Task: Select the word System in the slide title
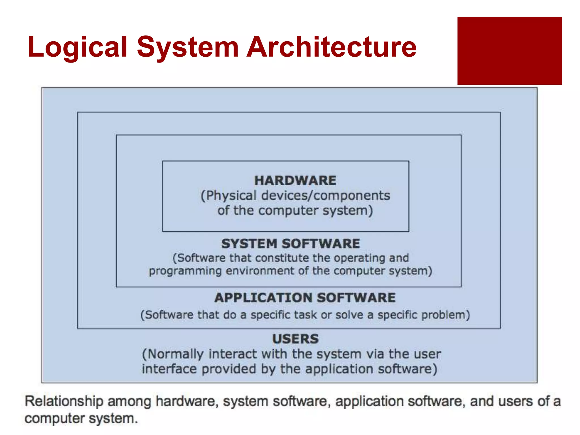point(188,47)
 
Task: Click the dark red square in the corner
point(509,51)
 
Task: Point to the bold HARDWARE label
point(295,180)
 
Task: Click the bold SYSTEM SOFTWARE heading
point(291,244)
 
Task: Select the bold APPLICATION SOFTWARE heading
point(305,298)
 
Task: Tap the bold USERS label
point(295,339)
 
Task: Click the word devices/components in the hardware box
point(325,195)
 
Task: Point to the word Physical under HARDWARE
point(229,195)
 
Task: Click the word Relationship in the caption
point(64,401)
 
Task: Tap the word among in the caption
point(129,401)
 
